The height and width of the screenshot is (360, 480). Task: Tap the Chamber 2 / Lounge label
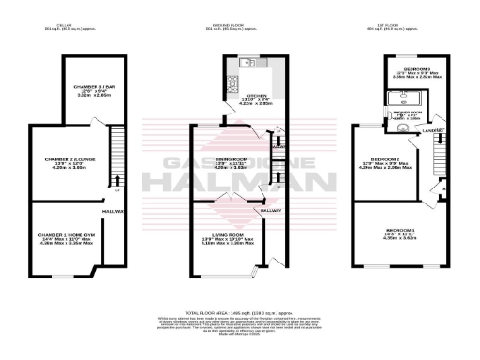tap(65, 165)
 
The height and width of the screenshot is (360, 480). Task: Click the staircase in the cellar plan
tap(115, 150)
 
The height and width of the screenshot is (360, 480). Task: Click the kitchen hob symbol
tap(230, 63)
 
